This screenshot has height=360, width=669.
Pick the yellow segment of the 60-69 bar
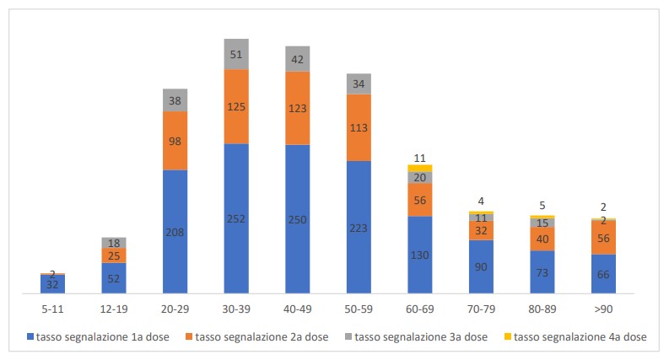pyautogui.click(x=419, y=168)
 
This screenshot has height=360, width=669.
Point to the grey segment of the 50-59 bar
pyautogui.click(x=359, y=83)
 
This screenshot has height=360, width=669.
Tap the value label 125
pyautogui.click(x=236, y=107)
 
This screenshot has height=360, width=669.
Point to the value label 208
pyautogui.click(x=175, y=233)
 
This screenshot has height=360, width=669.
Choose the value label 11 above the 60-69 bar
pyautogui.click(x=419, y=158)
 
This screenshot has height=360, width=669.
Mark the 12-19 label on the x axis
pyautogui.click(x=114, y=309)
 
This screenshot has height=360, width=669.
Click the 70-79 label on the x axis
pyautogui.click(x=481, y=309)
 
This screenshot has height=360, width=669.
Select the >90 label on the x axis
pyautogui.click(x=603, y=309)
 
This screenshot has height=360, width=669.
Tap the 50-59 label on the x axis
pyautogui.click(x=359, y=309)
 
